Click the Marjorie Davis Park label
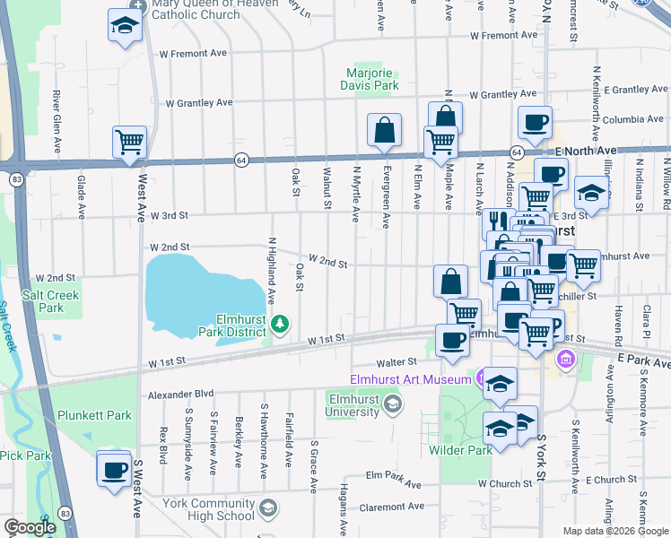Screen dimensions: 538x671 coord(372,79)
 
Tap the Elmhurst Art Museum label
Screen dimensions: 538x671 coord(410,379)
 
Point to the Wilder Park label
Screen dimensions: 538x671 coord(460,450)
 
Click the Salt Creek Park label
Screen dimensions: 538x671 coord(51,301)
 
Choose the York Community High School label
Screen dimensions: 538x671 coord(210,509)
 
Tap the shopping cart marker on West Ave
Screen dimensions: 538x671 coord(130,142)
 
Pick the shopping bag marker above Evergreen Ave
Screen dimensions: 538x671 coord(385,130)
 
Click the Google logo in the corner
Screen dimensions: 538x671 coord(30,528)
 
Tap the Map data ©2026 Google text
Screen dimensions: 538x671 coord(614,531)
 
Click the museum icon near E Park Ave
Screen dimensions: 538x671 coord(566,360)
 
